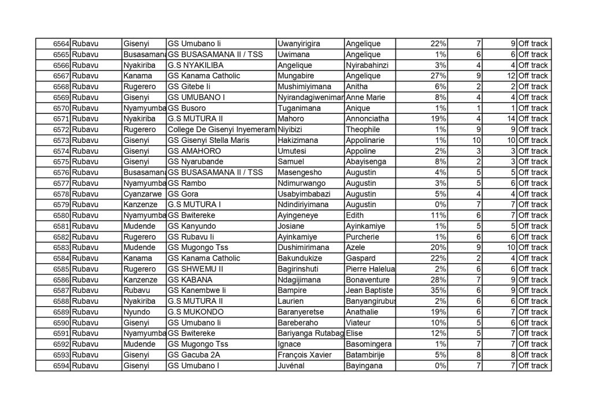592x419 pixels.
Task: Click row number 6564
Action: click(61, 44)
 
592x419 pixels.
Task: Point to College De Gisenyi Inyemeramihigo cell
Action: click(221, 130)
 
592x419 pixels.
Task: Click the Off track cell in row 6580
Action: click(533, 215)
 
